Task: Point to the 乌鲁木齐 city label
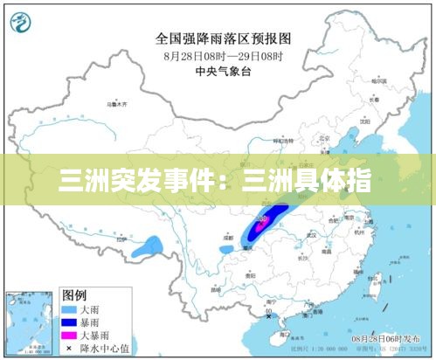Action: coord(117,105)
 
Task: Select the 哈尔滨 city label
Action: coord(378,81)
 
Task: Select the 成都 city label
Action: coord(229,237)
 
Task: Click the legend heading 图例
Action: coord(73,294)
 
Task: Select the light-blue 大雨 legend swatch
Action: coord(70,309)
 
